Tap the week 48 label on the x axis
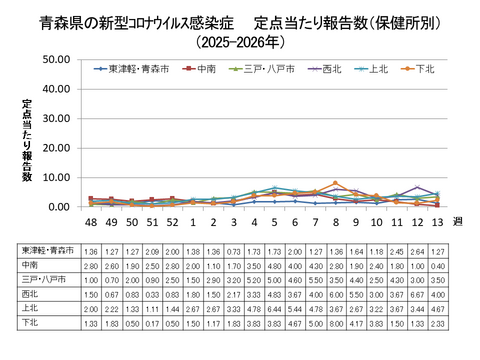pyautogui.click(x=91, y=221)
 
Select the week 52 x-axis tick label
pyautogui.click(x=172, y=221)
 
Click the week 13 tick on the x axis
pyautogui.click(x=437, y=221)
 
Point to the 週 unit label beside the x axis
pyautogui.click(x=457, y=221)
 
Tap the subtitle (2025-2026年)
pyautogui.click(x=240, y=42)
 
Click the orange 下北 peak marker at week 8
pyautogui.click(x=335, y=183)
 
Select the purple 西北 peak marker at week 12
pyautogui.click(x=416, y=187)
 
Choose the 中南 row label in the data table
pyautogui.click(x=31, y=265)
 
